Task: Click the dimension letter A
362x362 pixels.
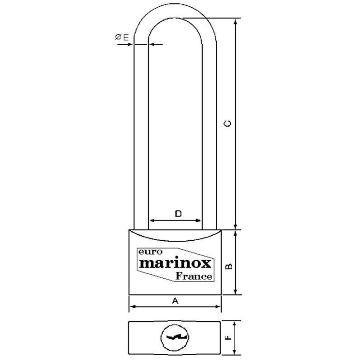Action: (x=175, y=301)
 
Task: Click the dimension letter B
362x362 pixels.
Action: (x=229, y=266)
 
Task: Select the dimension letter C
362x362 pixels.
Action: (x=228, y=124)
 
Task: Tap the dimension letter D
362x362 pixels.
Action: (x=178, y=214)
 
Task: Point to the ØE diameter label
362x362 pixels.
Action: (x=122, y=37)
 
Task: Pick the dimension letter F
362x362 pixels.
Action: (x=229, y=338)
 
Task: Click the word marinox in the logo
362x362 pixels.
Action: (x=175, y=263)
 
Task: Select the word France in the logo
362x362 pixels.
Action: (x=194, y=276)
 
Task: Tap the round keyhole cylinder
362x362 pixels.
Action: (x=175, y=337)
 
